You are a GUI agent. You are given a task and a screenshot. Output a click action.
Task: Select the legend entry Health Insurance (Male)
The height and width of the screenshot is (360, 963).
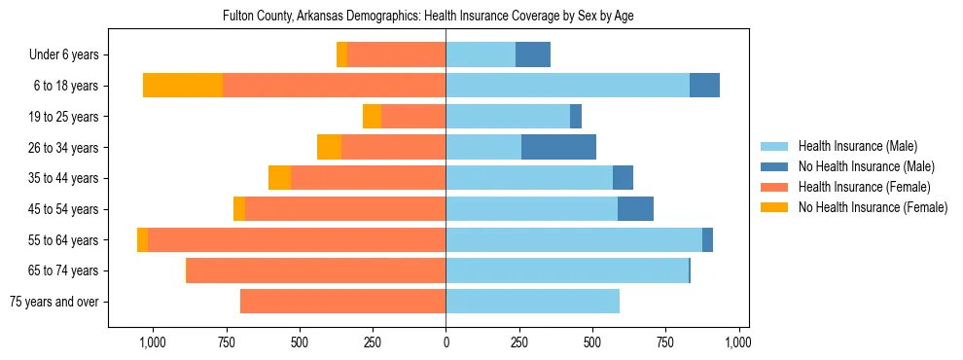pos(857,146)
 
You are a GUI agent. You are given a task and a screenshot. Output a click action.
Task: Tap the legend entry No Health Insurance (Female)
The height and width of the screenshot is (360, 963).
pos(873,207)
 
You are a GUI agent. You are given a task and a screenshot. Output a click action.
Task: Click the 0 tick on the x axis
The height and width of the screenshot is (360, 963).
pos(446,342)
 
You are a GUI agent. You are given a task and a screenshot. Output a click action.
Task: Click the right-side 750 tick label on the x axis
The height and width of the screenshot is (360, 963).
pos(665,342)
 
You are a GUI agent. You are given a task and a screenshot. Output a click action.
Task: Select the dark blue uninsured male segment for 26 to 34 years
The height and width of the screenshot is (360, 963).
pos(558,147)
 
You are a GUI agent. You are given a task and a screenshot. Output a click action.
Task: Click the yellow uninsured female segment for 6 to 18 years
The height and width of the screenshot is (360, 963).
pos(183,86)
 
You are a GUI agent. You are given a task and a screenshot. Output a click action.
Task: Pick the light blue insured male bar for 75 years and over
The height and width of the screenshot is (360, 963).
pos(532,302)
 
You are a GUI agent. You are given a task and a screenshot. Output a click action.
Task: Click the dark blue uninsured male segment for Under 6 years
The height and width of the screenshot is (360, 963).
pos(533,54)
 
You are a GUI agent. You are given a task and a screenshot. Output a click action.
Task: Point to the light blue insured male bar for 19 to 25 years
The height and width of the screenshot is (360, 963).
pos(508,117)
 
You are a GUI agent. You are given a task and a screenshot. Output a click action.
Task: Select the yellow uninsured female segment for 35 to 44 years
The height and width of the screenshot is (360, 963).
pos(279,178)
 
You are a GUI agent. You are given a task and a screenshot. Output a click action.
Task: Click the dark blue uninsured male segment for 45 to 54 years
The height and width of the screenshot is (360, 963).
pos(635,208)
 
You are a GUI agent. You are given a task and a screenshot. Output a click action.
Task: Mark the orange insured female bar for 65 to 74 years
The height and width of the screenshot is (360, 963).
pos(316,270)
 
